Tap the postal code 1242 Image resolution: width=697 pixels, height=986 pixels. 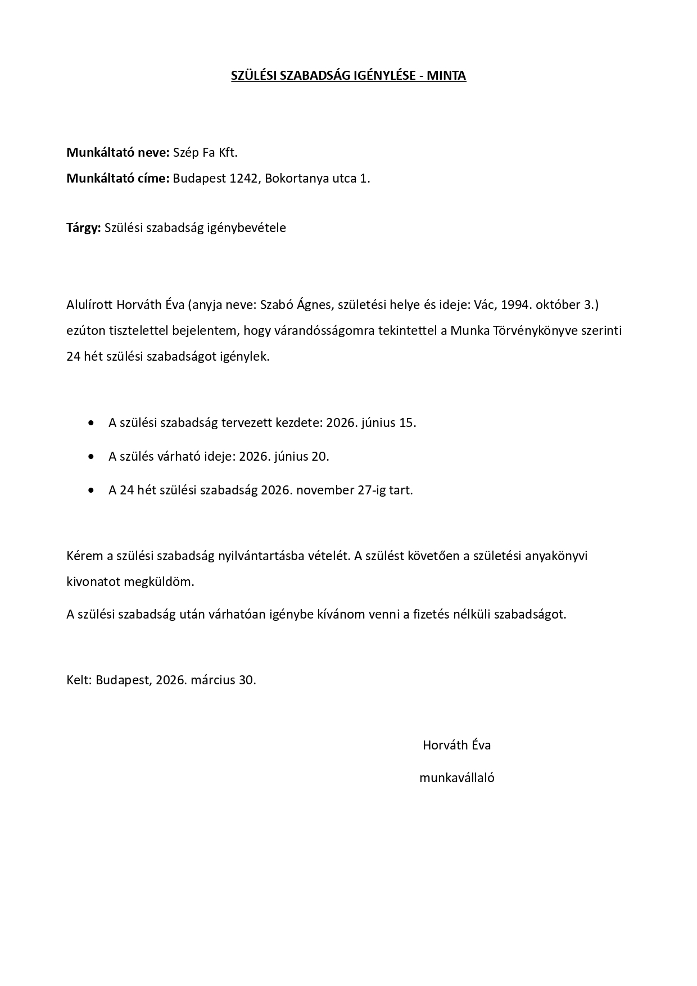click(244, 179)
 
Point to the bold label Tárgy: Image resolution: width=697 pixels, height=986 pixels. click(84, 228)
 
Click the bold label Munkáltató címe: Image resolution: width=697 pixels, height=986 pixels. click(118, 179)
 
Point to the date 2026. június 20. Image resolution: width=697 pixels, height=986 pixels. click(284, 456)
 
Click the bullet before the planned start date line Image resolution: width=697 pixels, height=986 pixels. click(92, 423)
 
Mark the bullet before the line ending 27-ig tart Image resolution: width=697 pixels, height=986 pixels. click(92, 490)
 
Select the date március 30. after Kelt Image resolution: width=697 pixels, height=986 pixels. click(223, 680)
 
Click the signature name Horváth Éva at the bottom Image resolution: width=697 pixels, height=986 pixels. click(456, 746)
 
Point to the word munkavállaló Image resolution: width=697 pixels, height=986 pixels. click(456, 778)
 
